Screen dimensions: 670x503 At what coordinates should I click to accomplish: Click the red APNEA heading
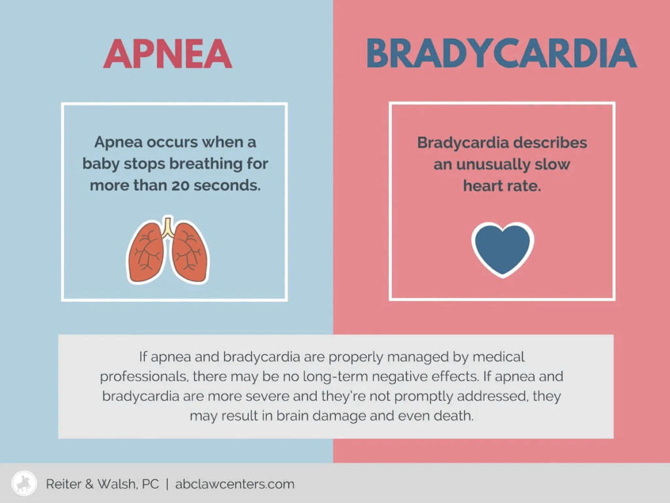pos(167,54)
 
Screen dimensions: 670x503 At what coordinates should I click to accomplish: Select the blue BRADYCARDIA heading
pos(502,54)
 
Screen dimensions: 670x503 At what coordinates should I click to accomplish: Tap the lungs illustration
pos(168,250)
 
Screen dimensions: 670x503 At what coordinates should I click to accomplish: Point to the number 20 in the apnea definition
pos(180,185)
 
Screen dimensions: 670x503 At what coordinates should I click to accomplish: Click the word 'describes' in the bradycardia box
pos(550,142)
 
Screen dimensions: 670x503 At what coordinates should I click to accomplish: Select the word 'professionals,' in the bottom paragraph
pos(144,377)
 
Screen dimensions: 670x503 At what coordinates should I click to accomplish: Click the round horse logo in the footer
pos(24,483)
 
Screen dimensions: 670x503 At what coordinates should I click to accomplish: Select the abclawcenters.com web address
pos(235,484)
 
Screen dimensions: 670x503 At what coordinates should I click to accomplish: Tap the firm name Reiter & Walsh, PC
pos(102,484)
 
